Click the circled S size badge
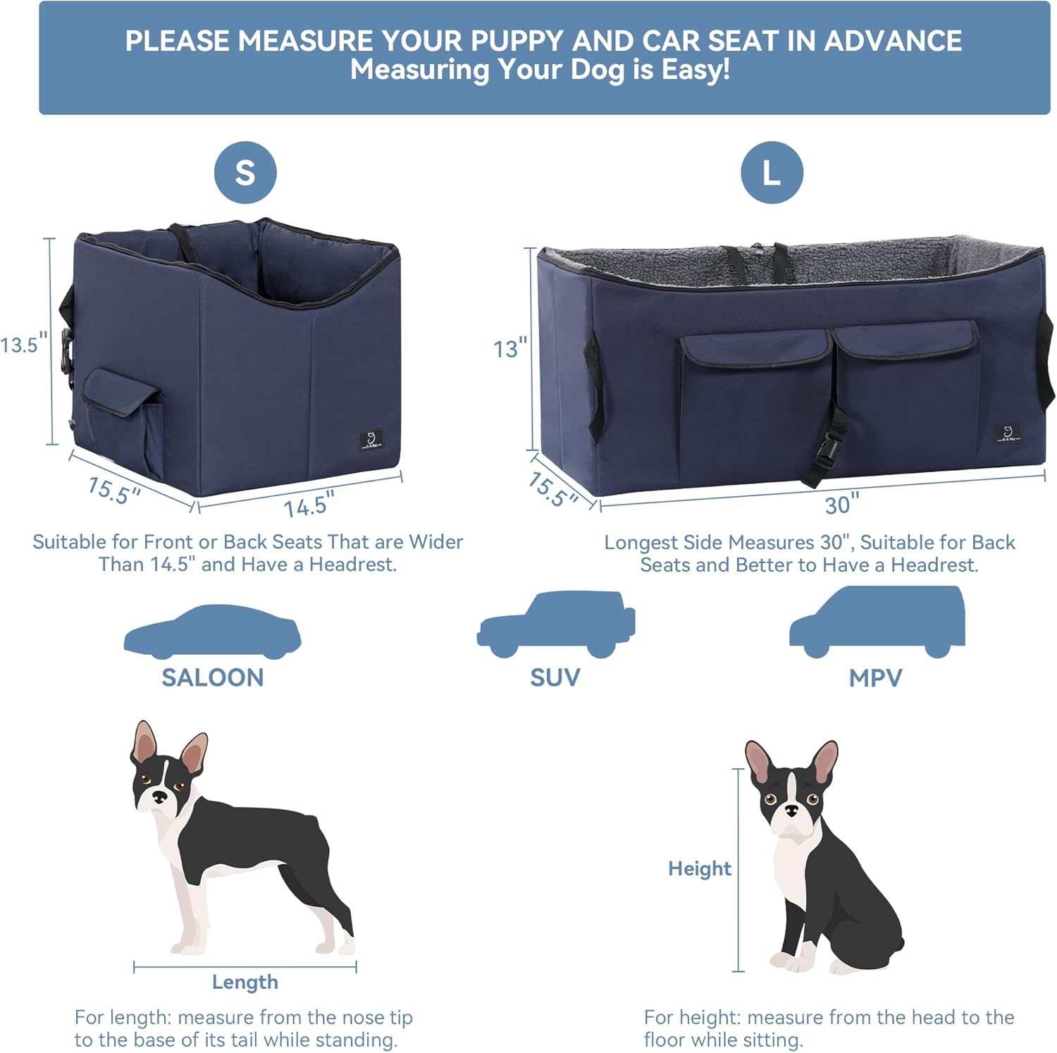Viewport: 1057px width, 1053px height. [x=245, y=173]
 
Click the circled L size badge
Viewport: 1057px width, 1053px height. [x=772, y=173]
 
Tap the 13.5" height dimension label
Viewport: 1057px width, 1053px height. [x=24, y=345]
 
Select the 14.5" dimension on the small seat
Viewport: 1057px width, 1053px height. [x=309, y=505]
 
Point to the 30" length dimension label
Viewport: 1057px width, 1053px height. [x=841, y=505]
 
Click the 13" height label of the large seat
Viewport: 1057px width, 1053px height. [x=509, y=348]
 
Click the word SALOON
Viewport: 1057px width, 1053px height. [x=213, y=677]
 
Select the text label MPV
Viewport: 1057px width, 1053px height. [x=875, y=678]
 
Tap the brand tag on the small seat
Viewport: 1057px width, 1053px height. [x=371, y=440]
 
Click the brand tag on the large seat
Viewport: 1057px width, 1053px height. [x=1008, y=433]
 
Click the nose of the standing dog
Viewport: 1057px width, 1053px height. [x=160, y=796]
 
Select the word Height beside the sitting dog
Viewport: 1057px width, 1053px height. [x=699, y=868]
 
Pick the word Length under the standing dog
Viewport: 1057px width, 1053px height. [x=245, y=982]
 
